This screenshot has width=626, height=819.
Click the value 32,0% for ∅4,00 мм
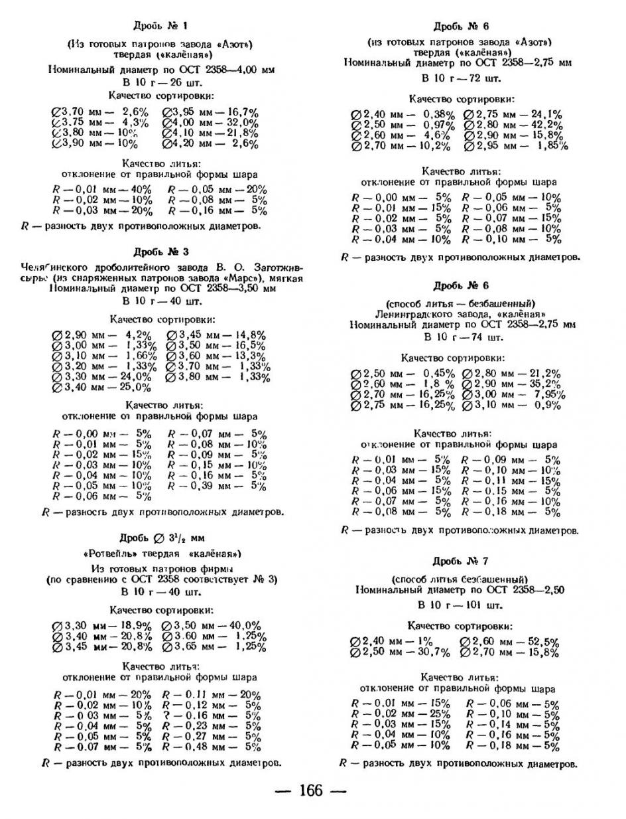tap(243, 123)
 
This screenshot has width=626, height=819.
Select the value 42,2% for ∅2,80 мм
tap(545, 125)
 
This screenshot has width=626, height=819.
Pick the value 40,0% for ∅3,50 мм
tap(243, 626)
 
